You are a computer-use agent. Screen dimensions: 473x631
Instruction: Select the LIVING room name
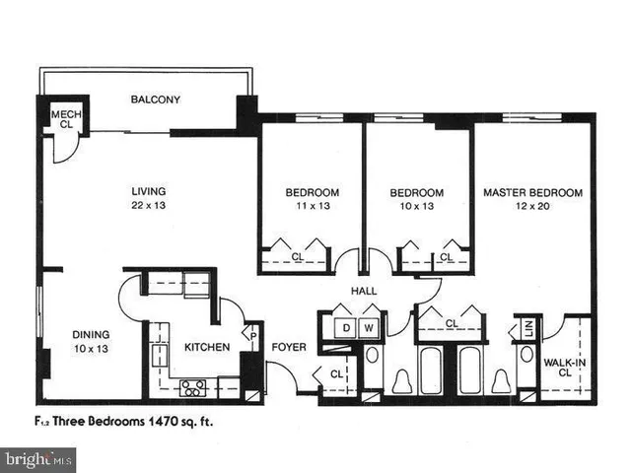tap(149, 191)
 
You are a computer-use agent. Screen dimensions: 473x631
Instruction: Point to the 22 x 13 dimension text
tap(149, 206)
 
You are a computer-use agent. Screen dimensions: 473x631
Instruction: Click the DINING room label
tap(90, 334)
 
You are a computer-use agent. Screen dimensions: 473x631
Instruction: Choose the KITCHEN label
tap(207, 347)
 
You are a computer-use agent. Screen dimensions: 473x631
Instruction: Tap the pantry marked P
tap(253, 334)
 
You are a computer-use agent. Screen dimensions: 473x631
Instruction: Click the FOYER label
tap(289, 347)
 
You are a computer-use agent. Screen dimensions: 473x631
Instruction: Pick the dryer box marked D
tap(347, 327)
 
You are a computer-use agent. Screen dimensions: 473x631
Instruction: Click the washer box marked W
tap(370, 327)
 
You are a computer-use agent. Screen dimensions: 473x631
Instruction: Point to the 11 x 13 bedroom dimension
tap(313, 206)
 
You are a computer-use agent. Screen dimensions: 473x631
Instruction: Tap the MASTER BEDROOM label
tap(532, 192)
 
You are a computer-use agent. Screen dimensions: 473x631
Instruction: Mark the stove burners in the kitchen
tap(189, 386)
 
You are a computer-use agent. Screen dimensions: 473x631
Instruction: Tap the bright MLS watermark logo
tap(39, 458)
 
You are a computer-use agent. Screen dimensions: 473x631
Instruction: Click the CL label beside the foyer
tap(336, 373)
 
